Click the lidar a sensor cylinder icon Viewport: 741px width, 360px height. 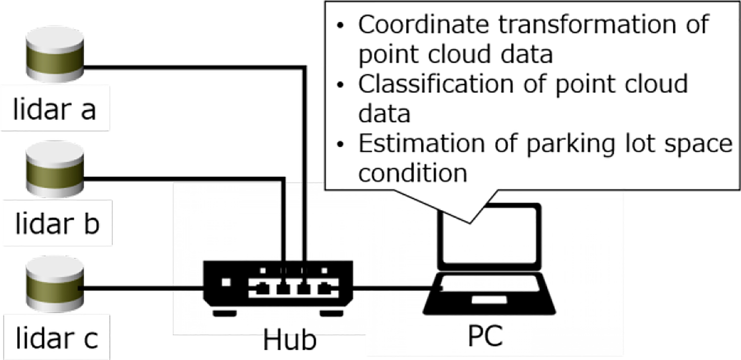click(55, 54)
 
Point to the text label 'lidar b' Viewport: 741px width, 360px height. click(57, 224)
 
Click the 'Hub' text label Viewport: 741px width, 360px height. click(289, 340)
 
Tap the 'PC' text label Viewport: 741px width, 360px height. click(485, 336)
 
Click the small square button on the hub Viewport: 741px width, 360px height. click(226, 283)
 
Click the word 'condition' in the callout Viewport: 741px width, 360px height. click(413, 173)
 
